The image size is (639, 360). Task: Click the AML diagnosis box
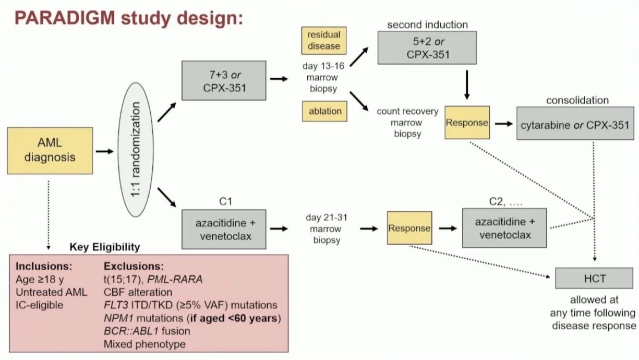(x=50, y=151)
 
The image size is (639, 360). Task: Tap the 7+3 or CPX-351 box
(x=224, y=80)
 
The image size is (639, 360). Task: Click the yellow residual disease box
(x=324, y=40)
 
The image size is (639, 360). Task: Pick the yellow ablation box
(x=324, y=111)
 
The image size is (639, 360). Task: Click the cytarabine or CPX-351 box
(x=572, y=125)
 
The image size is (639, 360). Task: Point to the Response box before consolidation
(x=467, y=123)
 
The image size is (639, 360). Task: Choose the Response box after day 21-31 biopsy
(x=409, y=228)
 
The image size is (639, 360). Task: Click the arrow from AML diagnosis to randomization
(x=104, y=151)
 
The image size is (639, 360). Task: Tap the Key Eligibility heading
(x=105, y=246)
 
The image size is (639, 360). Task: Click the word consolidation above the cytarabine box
(x=577, y=100)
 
